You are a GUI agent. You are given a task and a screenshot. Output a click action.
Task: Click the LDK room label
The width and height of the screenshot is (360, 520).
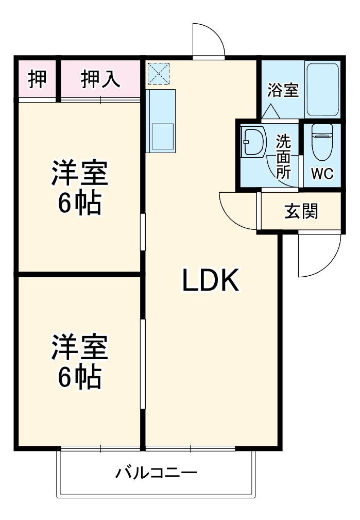[211, 281]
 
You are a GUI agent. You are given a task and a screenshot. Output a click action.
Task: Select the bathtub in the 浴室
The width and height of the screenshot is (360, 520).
[322, 89]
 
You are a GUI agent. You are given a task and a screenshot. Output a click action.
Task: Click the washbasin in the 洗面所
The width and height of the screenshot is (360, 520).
[253, 141]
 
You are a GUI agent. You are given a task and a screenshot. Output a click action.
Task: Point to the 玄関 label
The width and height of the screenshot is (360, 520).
[301, 211]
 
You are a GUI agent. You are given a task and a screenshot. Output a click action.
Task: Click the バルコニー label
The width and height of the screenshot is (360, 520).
[156, 472]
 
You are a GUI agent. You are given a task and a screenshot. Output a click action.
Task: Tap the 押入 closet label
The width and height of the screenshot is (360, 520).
[100, 79]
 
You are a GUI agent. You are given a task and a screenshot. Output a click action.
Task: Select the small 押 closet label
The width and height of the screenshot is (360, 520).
[37, 79]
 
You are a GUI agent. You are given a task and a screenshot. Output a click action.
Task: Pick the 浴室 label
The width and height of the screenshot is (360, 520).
[283, 90]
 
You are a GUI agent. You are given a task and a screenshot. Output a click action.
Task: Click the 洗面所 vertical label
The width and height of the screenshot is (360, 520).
[283, 157]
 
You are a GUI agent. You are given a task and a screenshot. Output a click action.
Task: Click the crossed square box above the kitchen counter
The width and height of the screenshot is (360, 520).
[158, 73]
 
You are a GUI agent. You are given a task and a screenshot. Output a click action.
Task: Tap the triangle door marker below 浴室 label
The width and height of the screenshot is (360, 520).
[270, 111]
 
